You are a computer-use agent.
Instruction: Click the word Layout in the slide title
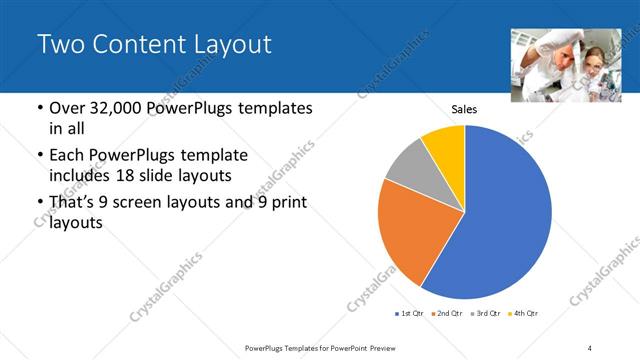(x=228, y=45)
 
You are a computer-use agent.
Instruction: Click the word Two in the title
(x=59, y=45)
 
